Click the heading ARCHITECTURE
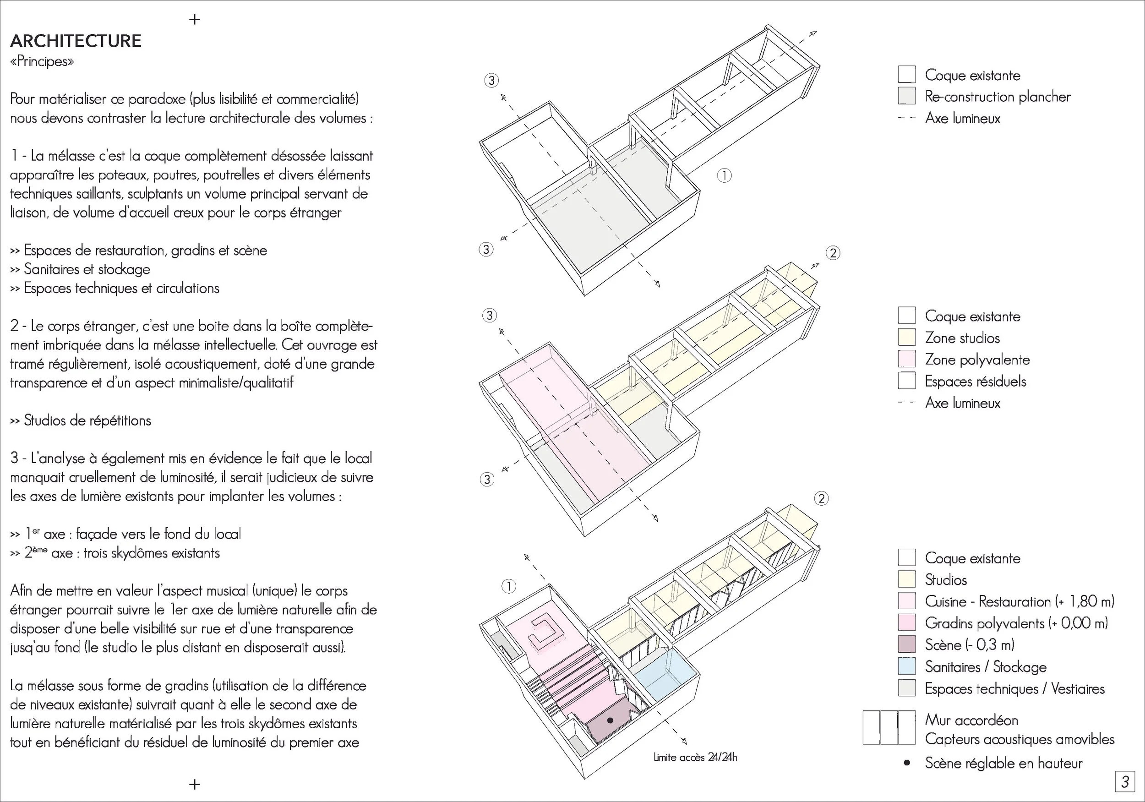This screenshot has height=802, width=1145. [76, 41]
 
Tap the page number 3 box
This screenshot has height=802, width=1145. [1124, 781]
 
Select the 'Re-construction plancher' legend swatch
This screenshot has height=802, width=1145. [907, 96]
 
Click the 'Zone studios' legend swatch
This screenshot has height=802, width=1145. [907, 337]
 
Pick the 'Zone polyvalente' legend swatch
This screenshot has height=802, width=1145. [907, 359]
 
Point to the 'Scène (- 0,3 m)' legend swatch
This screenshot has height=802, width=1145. [907, 644]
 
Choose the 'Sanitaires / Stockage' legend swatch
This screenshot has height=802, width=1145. [907, 666]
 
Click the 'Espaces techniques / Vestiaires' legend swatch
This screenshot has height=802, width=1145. [907, 688]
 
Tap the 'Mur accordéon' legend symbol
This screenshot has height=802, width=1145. [889, 727]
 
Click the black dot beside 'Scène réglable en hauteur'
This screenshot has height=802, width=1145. [907, 763]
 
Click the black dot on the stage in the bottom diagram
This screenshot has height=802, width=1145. [610, 720]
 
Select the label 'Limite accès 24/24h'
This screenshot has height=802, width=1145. [695, 757]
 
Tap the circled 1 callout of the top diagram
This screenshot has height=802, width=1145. [724, 175]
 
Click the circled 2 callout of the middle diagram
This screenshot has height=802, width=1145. [833, 253]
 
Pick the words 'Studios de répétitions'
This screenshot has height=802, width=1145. [87, 420]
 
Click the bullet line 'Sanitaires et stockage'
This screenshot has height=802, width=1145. [87, 269]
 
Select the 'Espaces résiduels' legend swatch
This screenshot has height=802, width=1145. [907, 381]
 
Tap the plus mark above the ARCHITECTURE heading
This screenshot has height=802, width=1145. [195, 19]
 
